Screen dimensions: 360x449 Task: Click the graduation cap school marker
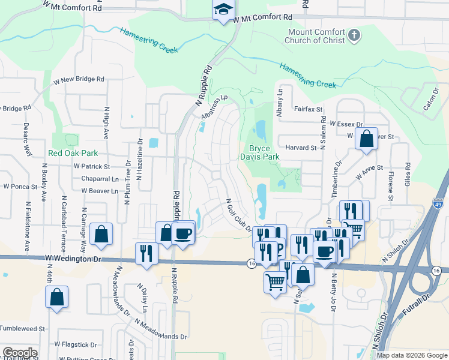coord(223,11)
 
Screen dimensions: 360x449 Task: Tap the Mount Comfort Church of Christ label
coord(317,36)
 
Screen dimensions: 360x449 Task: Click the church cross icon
coord(354,35)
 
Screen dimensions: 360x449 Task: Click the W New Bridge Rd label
coord(79,79)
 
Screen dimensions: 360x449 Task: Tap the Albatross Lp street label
coord(216,106)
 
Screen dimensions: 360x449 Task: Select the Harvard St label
coord(301,148)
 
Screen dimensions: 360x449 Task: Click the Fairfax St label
coord(309,110)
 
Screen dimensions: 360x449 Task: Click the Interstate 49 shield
coord(439,204)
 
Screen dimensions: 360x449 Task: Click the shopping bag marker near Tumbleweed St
coord(56,296)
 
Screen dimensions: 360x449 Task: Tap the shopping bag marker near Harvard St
coord(366,139)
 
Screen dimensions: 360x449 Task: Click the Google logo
coord(20,353)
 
